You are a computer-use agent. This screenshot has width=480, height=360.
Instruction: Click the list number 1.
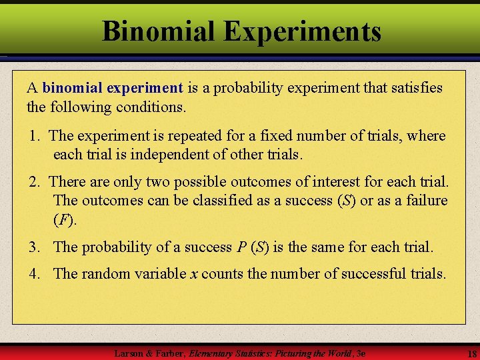[35, 136]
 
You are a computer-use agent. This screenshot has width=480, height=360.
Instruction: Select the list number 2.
[35, 181]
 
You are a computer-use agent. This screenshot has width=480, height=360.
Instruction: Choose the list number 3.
[35, 247]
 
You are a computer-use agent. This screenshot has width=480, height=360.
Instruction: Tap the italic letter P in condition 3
[241, 247]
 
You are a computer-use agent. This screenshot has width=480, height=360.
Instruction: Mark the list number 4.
[35, 273]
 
